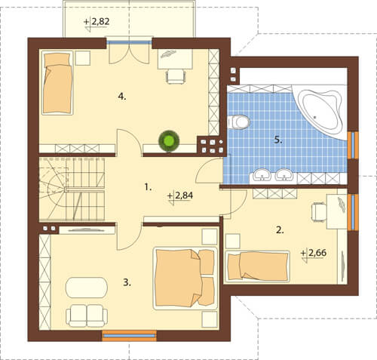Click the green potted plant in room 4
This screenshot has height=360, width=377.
pyautogui.click(x=169, y=141)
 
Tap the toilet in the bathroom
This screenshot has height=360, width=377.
pyautogui.click(x=238, y=122)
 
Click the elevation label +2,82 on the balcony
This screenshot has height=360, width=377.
pyautogui.click(x=97, y=23)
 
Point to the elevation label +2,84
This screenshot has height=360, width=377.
pyautogui.click(x=180, y=196)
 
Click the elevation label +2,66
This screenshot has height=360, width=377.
pyautogui.click(x=314, y=254)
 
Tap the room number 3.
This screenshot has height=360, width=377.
pyautogui.click(x=127, y=283)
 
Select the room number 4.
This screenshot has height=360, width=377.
pyautogui.click(x=122, y=97)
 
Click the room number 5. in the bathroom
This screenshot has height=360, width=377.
pyautogui.click(x=278, y=140)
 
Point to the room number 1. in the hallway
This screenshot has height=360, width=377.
pyautogui.click(x=148, y=187)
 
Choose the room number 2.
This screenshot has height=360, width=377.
pyautogui.click(x=280, y=230)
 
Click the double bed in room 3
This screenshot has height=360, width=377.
pyautogui.click(x=185, y=278)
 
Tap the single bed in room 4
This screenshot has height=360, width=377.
pyautogui.click(x=57, y=83)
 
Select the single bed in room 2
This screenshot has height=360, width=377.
pyautogui.click(x=258, y=266)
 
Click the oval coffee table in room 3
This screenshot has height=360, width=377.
pyautogui.click(x=87, y=288)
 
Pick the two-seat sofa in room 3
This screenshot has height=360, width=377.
pyautogui.click(x=87, y=315)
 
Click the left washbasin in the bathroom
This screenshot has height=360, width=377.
pyautogui.click(x=262, y=174)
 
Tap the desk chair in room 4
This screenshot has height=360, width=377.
pyautogui.click(x=176, y=77)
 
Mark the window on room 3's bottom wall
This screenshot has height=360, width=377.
pyautogui.click(x=130, y=336)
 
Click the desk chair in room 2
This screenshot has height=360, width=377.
pyautogui.click(x=319, y=212)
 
